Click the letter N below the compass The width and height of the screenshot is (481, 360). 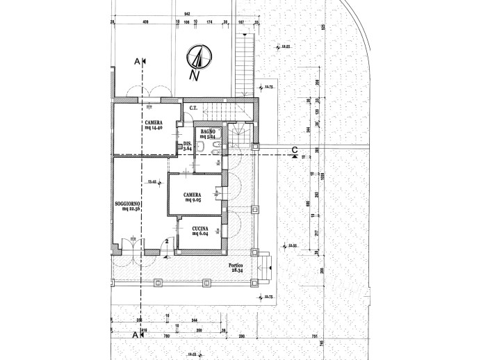click(x=197, y=75)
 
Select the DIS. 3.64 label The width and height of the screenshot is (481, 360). click(x=187, y=146)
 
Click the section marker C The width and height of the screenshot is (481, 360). click(x=295, y=149)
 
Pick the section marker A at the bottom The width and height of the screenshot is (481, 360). click(x=134, y=334)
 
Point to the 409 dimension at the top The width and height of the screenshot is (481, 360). click(x=146, y=22)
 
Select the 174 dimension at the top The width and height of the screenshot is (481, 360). click(x=209, y=22)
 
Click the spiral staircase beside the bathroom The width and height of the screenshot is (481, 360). click(x=240, y=133)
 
